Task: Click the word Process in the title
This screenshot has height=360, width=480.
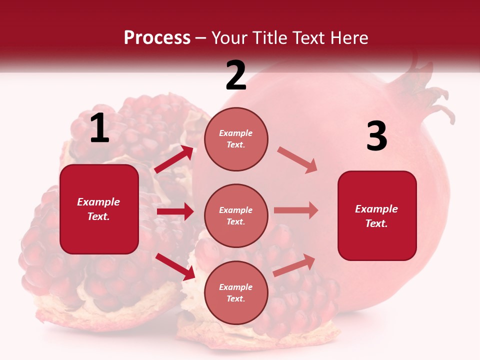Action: coord(157,37)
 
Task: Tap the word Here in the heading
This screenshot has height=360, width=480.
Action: coord(347,37)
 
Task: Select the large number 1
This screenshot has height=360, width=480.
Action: coord(99,128)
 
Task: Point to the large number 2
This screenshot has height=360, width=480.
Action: coord(236,75)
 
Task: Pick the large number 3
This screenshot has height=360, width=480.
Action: coord(376,136)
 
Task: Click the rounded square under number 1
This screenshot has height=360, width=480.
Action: coord(99,209)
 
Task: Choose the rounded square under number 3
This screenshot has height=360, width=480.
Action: coord(377,215)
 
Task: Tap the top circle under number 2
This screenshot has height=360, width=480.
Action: coord(236,139)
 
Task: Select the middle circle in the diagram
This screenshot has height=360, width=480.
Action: coord(236,215)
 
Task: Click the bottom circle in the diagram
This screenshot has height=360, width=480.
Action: coord(236,292)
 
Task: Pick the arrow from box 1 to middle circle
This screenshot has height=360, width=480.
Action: coord(175,211)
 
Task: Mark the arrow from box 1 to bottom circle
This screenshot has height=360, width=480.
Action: coord(175,266)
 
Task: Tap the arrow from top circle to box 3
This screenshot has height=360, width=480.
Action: coord(297,160)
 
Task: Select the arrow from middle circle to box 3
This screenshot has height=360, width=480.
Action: coord(296,210)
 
